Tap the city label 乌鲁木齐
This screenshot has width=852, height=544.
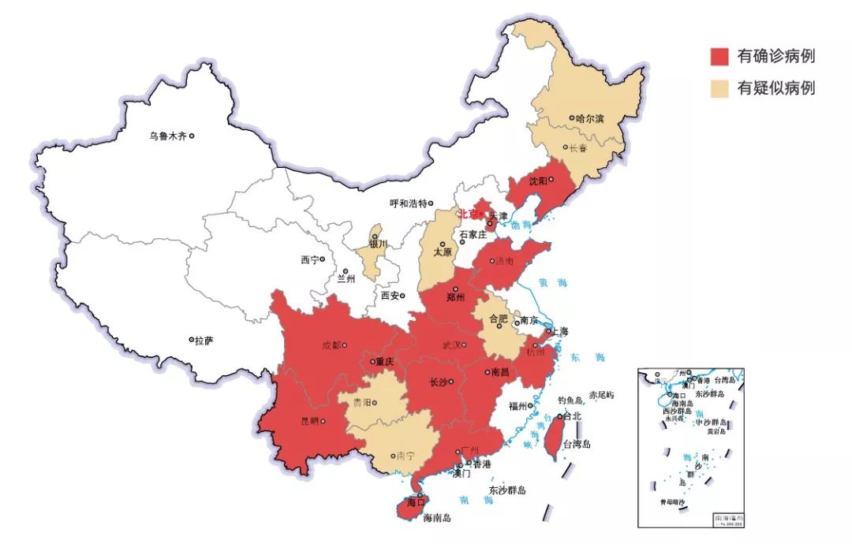(168, 136)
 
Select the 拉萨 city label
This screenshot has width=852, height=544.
(204, 341)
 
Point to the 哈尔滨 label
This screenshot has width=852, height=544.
(589, 119)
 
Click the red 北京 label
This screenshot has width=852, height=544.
(469, 214)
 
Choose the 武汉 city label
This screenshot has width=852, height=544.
(452, 345)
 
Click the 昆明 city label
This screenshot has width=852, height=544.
(310, 420)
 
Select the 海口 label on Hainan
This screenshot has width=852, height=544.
(415, 501)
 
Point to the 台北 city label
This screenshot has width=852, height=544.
(572, 415)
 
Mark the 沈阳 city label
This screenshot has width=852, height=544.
(538, 180)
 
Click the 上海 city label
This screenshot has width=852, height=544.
(560, 332)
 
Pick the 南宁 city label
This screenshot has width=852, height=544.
(405, 456)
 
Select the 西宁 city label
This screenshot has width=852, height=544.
(310, 259)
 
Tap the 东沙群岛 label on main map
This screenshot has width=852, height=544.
(506, 490)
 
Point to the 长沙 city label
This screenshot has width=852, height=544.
(437, 382)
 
